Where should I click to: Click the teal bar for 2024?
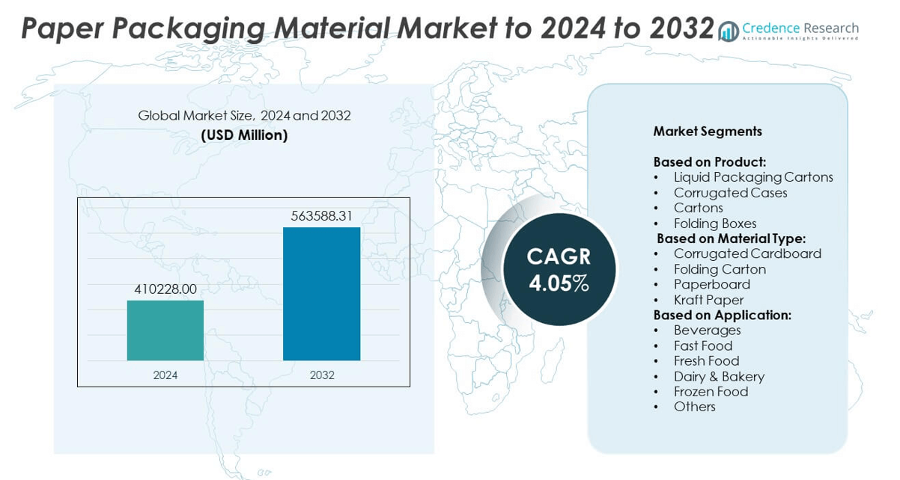(x=165, y=330)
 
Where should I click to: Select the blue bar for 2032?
(x=321, y=294)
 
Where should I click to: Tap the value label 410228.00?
(x=165, y=289)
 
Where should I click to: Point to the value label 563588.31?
(x=321, y=216)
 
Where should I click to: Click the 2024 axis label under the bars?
(x=165, y=375)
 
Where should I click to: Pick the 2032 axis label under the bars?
(x=322, y=375)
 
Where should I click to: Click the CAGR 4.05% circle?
(x=559, y=269)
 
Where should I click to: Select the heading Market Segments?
(x=708, y=132)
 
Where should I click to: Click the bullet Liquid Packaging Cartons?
(x=753, y=177)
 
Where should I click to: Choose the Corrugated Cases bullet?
(x=730, y=193)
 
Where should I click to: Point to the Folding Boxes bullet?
(x=715, y=224)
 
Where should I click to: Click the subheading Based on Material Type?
(x=731, y=239)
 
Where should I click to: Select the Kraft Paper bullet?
(x=708, y=300)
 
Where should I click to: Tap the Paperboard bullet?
(x=711, y=284)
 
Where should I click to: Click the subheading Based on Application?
(x=722, y=315)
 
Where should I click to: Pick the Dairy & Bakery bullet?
(x=719, y=376)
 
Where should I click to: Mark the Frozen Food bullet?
(x=711, y=392)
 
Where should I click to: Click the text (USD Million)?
(x=244, y=135)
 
